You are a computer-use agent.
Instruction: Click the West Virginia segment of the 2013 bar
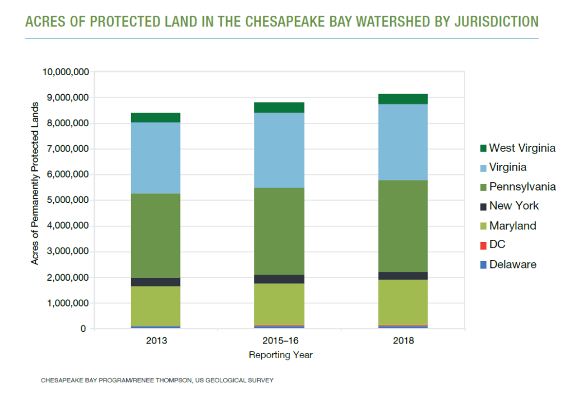tap(156, 117)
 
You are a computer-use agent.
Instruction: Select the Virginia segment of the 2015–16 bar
tap(279, 150)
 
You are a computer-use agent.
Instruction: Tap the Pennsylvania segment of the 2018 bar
tap(403, 226)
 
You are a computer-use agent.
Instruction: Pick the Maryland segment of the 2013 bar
tap(156, 305)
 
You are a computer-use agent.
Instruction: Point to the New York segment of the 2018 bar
tap(403, 276)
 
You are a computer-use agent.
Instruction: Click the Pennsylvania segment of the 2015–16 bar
tap(279, 231)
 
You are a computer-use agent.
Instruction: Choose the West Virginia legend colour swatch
tap(483, 149)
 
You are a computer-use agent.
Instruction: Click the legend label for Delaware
tap(512, 265)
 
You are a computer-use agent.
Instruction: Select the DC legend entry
tap(497, 245)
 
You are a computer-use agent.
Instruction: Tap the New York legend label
tap(513, 206)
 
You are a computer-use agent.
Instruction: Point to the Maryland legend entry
tap(512, 226)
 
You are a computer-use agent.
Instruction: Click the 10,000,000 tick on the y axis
tap(64, 72)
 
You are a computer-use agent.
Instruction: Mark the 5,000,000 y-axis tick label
tap(67, 200)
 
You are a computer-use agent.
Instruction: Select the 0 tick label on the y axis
tap(83, 329)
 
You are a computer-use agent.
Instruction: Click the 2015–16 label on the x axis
tap(279, 341)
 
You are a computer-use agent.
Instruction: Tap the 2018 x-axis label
tap(403, 341)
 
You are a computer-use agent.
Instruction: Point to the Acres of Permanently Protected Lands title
tap(35, 184)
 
